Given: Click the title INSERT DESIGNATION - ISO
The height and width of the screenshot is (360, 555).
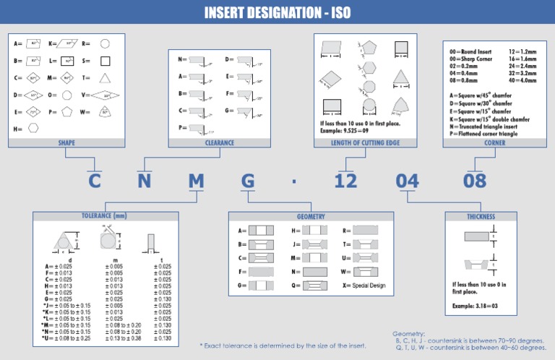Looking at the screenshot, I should point(277,13).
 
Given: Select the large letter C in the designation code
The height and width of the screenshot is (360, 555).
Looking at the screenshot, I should point(94,181).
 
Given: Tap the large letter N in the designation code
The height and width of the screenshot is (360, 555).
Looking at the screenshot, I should point(145,181).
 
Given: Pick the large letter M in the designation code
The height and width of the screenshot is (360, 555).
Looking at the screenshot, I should point(196,181).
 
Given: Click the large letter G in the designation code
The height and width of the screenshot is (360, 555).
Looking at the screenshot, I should point(248,181).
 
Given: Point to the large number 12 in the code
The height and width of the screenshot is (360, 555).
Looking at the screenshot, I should point(345,181).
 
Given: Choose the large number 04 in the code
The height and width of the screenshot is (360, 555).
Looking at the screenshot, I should point(407,181).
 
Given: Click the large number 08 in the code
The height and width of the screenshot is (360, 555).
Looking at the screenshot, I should point(475,181).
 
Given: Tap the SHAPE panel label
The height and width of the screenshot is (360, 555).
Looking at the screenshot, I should point(66,143).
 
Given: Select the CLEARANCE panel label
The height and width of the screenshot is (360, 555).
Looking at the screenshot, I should point(219,143).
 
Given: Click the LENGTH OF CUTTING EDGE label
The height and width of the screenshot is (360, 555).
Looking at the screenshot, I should point(366,143).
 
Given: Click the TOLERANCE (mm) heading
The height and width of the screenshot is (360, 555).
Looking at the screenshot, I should point(104,216).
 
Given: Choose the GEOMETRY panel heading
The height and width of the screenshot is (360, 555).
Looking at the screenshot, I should point(311,216).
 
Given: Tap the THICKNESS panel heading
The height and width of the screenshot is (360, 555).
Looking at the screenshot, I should point(481,216).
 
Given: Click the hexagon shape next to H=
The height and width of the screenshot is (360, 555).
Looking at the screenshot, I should point(33,129).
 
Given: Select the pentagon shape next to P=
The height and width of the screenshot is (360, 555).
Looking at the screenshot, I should point(66,112).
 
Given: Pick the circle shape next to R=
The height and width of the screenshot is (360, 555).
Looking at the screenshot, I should point(105,44).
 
